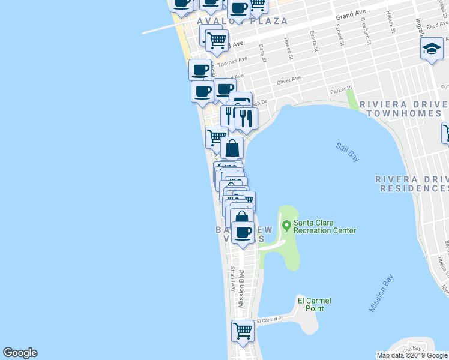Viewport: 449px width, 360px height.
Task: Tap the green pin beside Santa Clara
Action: click(x=286, y=226)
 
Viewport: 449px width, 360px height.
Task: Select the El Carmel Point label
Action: click(x=314, y=304)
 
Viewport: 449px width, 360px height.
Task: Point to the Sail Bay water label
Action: click(x=348, y=152)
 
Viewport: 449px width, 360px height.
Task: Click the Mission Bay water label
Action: click(x=381, y=293)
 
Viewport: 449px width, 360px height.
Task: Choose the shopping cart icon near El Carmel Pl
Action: click(x=243, y=330)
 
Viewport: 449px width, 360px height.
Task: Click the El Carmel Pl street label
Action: click(x=273, y=320)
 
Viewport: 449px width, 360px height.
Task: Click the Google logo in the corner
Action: click(x=20, y=353)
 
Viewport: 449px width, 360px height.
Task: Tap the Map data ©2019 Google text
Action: click(x=412, y=355)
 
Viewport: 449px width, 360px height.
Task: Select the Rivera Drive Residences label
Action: click(x=412, y=184)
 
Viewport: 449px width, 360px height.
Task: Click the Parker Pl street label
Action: click(x=340, y=91)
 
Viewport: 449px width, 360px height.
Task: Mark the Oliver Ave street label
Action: click(x=288, y=81)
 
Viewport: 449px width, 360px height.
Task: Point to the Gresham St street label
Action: click(x=364, y=28)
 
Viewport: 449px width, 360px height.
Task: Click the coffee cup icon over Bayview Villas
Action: click(x=243, y=232)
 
